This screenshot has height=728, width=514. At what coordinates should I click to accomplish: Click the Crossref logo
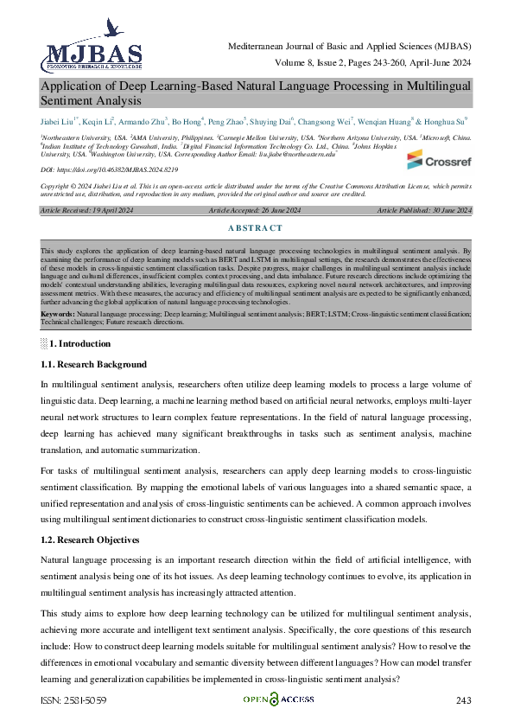tap(439, 159)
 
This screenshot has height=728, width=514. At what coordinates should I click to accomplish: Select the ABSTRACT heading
tap(257, 228)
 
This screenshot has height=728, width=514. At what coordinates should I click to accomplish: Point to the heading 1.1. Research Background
tap(93, 365)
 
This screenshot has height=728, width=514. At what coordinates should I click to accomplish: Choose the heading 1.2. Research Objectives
tap(90, 540)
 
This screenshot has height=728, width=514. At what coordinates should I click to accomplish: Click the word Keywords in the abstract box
tap(58, 313)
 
